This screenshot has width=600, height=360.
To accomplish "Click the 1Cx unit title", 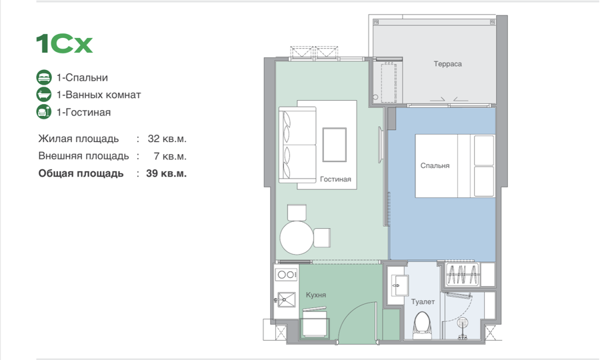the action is coord(64,43).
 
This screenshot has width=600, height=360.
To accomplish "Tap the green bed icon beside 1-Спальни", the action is coord(44,77).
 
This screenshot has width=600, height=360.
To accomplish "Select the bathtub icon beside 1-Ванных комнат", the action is coord(44,95).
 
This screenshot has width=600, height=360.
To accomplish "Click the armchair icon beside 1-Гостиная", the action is coord(44,112).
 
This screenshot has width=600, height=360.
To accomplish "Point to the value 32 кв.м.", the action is coord(167,139).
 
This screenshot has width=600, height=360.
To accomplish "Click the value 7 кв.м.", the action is coord(170,156).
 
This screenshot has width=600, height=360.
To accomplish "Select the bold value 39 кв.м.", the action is coord(167,173).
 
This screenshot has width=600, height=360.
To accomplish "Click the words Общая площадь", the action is coord(81,174).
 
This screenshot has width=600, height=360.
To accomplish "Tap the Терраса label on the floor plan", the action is coord(448,64).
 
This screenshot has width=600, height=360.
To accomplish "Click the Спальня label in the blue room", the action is coord(435,165).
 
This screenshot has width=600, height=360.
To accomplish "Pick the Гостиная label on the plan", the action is coord(335,179).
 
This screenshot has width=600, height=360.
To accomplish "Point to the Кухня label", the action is coord(316,295).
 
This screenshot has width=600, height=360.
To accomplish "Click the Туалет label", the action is coord(423,302).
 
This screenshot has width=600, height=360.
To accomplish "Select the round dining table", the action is coord(297,237).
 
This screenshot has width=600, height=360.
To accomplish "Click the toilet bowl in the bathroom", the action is coord(423,325).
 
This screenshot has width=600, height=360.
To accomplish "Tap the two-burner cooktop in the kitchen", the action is coord(286,274).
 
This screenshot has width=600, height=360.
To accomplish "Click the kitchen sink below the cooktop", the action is coord(286,299).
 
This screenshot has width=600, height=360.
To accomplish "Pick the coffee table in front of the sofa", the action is coord(335,145).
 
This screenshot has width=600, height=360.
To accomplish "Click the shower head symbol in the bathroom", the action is coord(463,323).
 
